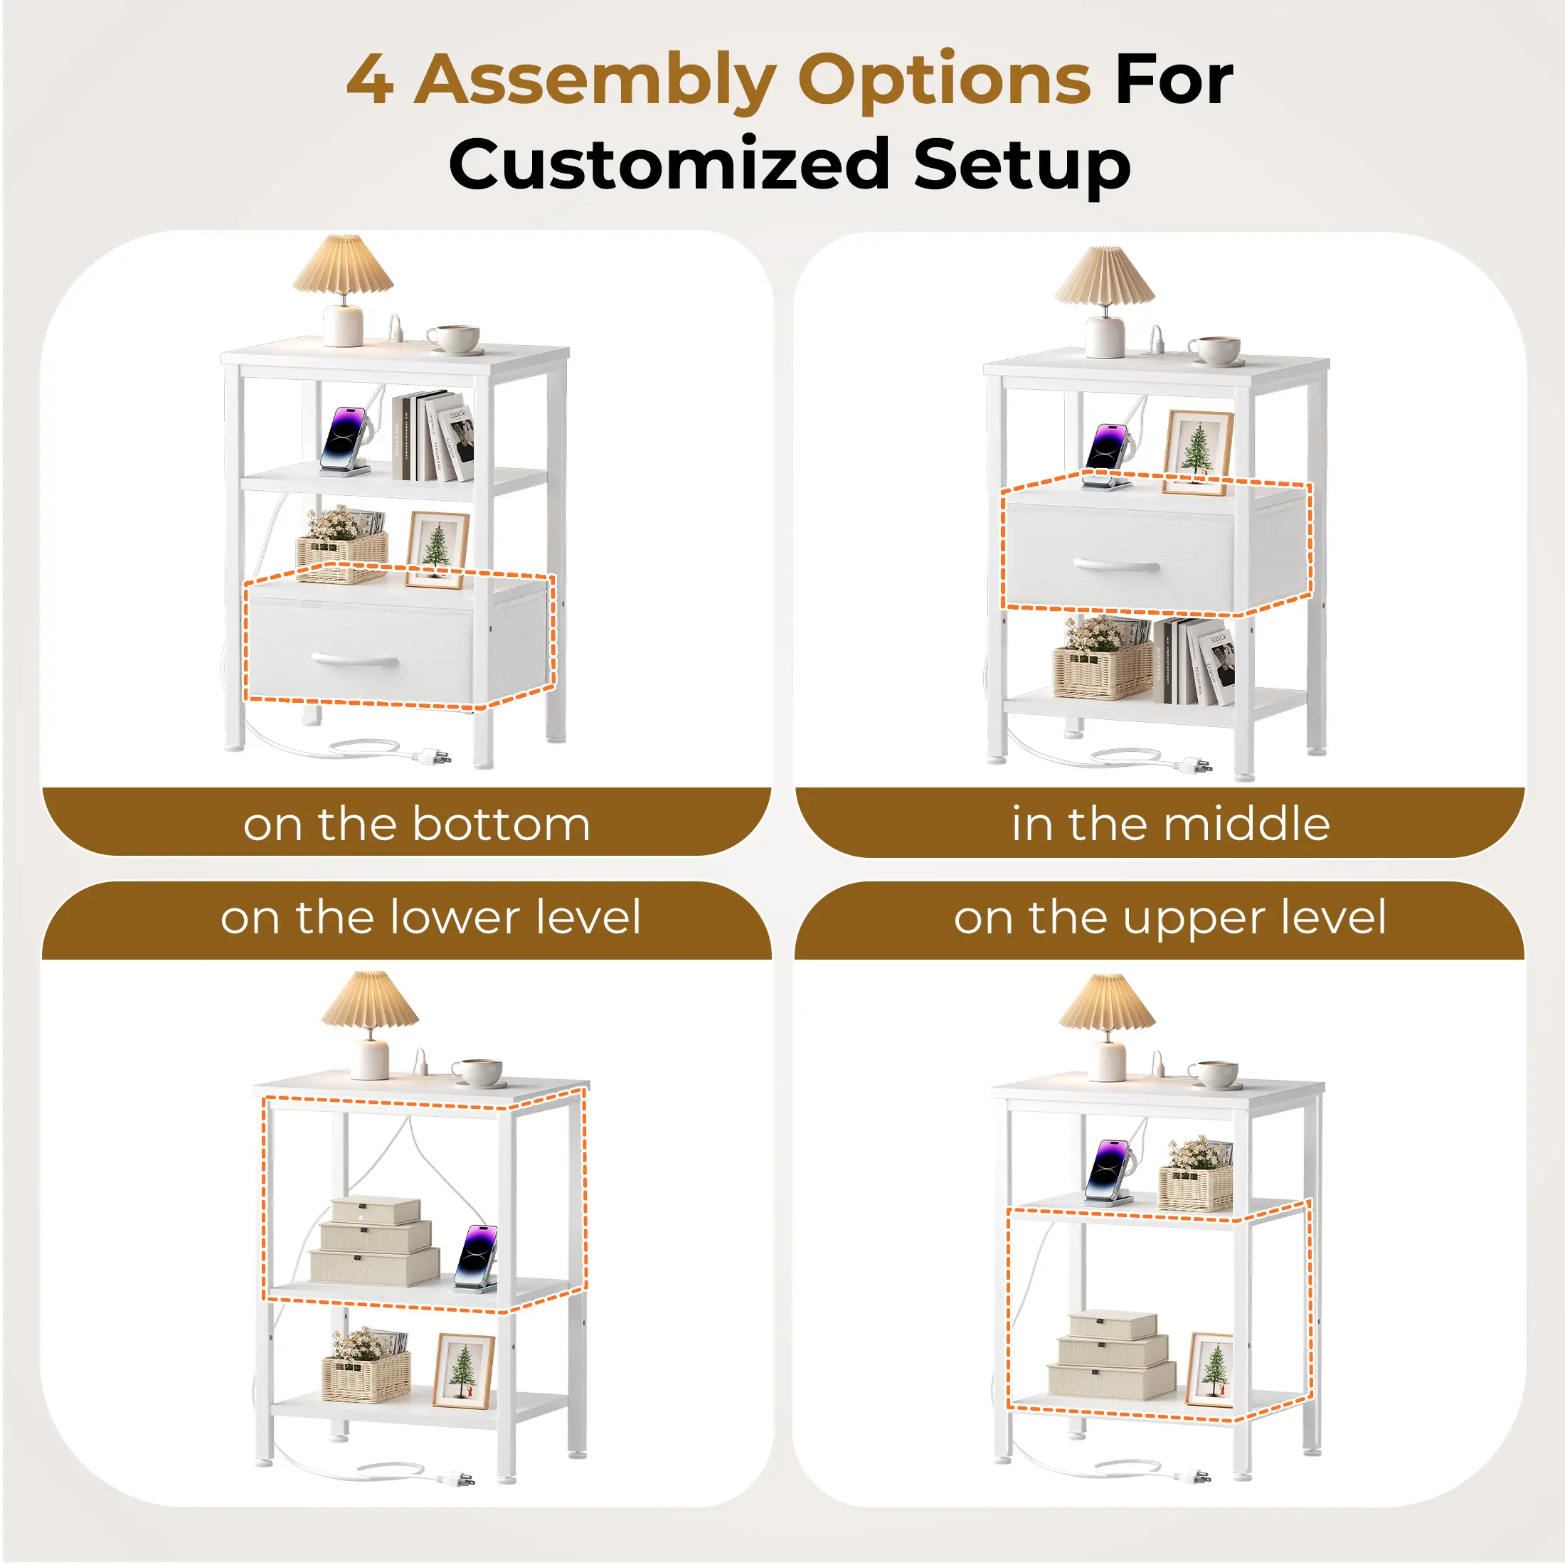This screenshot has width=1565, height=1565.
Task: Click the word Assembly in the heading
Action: click(x=595, y=81)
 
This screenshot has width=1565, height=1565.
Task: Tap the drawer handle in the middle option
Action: click(x=1117, y=565)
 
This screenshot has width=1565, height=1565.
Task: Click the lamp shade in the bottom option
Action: click(x=344, y=263)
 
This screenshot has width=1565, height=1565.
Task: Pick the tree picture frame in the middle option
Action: click(x=1198, y=452)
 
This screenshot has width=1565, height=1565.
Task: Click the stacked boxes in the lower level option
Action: click(x=374, y=1242)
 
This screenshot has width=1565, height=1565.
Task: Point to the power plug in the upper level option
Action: click(x=1196, y=1477)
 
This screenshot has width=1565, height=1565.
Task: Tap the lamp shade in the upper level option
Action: click(x=1108, y=1003)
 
